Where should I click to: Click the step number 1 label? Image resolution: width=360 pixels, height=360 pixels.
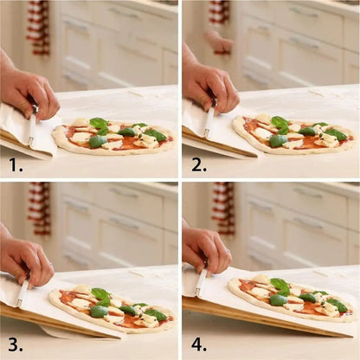pyautogui.click(x=15, y=163)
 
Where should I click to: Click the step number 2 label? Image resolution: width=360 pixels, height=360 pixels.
pyautogui.click(x=198, y=163)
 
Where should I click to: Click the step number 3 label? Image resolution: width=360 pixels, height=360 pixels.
pyautogui.click(x=15, y=343)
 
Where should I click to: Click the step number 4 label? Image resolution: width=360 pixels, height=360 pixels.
pyautogui.click(x=198, y=343)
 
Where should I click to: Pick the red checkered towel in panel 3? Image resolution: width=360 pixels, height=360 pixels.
pyautogui.click(x=38, y=208)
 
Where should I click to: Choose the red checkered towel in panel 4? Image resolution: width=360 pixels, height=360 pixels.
pyautogui.click(x=223, y=208)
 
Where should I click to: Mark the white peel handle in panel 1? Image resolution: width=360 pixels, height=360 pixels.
pyautogui.click(x=32, y=128)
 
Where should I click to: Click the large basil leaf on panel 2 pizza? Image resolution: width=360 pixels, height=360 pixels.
pyautogui.click(x=280, y=124)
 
